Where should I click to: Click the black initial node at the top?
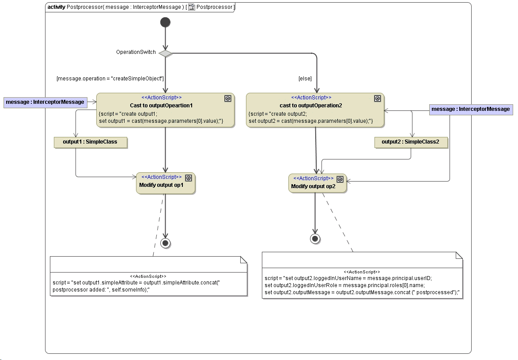pos(165,22)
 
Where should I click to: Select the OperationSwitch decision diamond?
pos(165,53)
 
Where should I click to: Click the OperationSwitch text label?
pos(136,52)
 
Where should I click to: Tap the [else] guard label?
pos(305,79)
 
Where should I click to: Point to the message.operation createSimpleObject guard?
pos(110,79)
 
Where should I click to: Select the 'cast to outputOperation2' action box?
pos(315,110)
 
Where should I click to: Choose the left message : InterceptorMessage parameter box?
pos(45,102)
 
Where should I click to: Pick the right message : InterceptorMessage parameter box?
pos(470,109)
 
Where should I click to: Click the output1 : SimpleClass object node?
pos(90,142)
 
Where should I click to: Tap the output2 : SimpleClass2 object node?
pos(410,142)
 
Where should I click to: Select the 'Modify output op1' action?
pos(165,183)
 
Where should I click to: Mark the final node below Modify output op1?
pos(165,243)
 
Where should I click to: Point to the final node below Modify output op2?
pos(315,239)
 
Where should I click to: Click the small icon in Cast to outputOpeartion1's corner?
pos(228,99)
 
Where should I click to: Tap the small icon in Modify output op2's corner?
pos(340,179)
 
